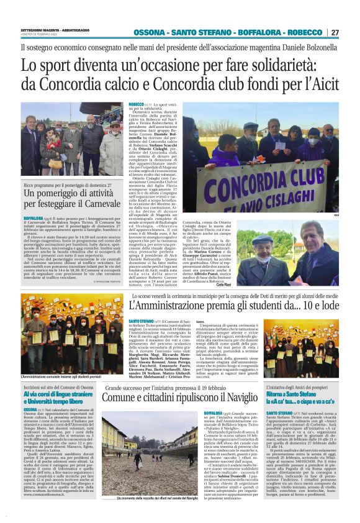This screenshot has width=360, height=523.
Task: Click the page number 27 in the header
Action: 352,32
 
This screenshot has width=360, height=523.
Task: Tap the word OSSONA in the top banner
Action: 151,32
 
